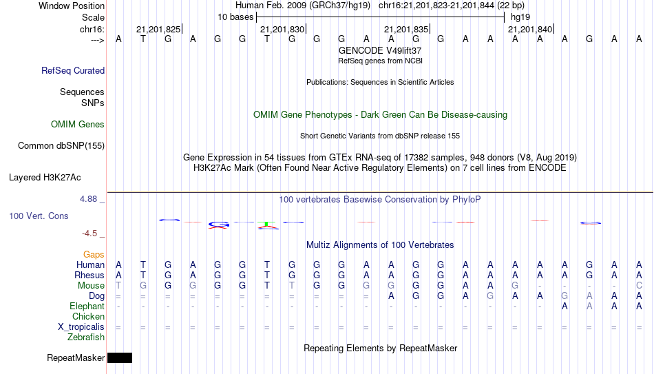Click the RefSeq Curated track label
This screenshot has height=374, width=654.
click(73, 70)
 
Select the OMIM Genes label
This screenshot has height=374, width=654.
click(78, 125)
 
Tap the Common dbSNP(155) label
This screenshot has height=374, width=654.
click(61, 146)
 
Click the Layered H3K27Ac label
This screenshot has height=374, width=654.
click(45, 178)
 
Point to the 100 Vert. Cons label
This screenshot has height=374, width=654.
click(39, 216)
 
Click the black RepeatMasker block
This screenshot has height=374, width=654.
click(120, 357)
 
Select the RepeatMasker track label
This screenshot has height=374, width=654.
click(76, 357)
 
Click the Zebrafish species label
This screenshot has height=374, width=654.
click(86, 337)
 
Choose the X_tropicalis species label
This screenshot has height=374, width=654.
click(81, 327)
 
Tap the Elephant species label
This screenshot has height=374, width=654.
click(87, 306)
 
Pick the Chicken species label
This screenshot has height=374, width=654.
click(88, 316)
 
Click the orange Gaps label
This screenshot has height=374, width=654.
click(94, 254)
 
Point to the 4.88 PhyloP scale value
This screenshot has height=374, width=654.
click(88, 199)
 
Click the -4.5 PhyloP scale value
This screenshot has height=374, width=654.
click(89, 233)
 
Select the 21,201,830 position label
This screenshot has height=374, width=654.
click(282, 29)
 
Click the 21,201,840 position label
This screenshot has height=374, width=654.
click(530, 29)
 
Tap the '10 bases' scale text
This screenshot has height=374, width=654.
click(235, 17)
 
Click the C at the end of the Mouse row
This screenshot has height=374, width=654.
click(639, 286)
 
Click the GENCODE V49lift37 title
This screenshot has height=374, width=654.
click(380, 50)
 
